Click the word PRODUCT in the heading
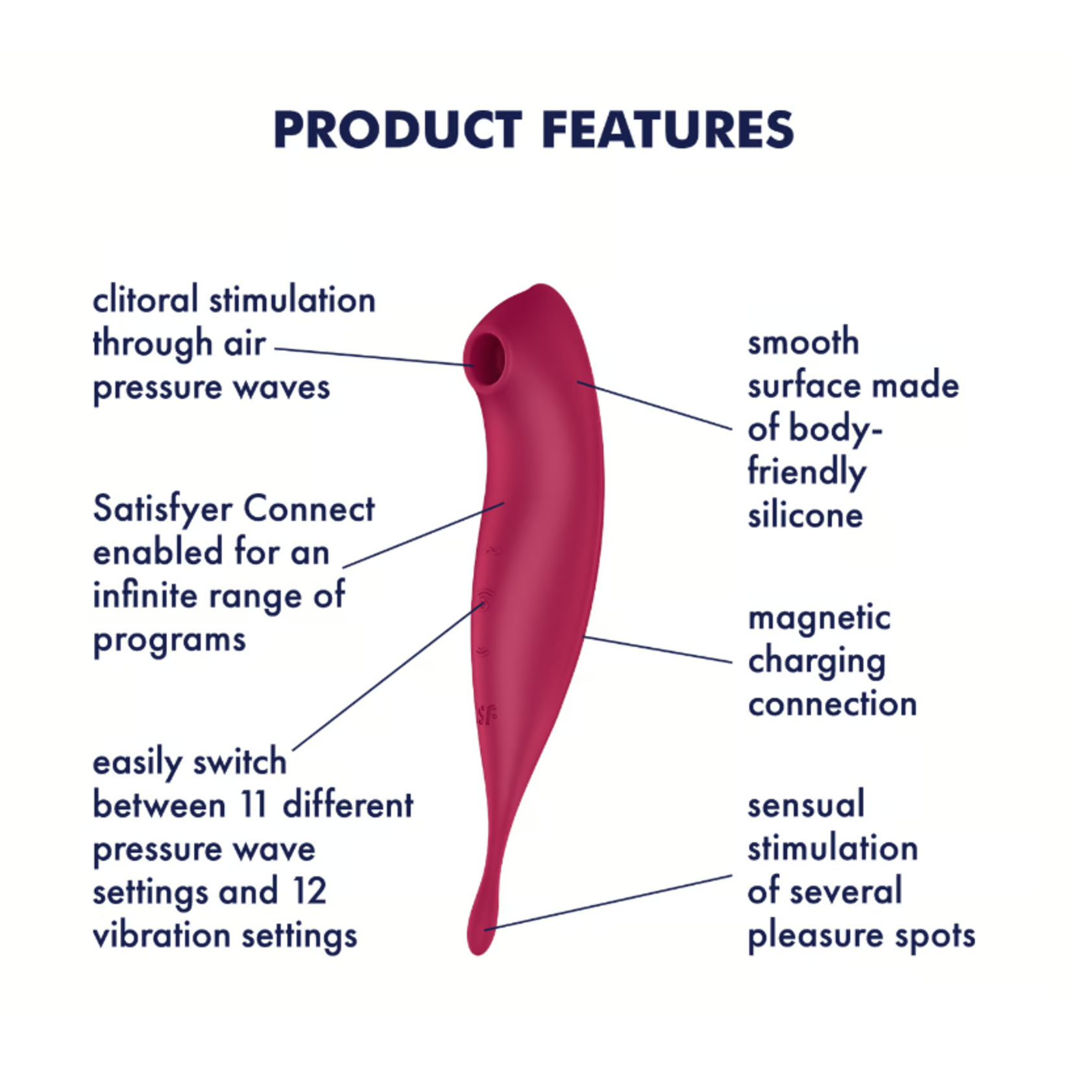398,129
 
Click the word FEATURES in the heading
668,129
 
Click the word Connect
309,509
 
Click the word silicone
805,515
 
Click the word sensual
806,805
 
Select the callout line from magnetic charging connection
658,650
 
